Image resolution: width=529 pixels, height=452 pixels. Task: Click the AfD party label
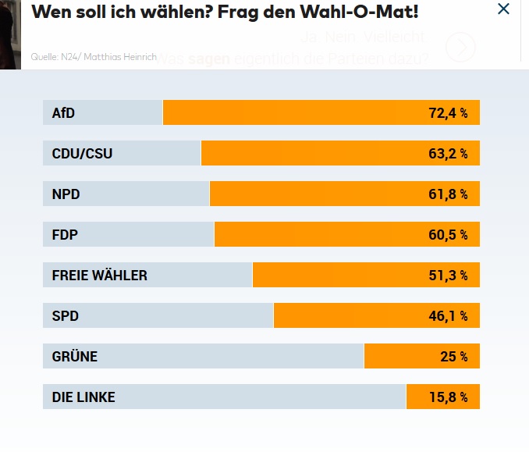63,113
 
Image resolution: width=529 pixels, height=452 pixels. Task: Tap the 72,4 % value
448,113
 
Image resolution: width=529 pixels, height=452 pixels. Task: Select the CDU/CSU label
82,154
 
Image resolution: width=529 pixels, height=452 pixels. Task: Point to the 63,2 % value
448,154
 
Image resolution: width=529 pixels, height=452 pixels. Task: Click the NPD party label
66,194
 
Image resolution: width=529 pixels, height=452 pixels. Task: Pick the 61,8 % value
448,194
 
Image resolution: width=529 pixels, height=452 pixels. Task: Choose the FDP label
65,235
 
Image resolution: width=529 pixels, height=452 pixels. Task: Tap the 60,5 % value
448,235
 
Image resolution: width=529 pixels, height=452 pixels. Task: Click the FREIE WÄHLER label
99,276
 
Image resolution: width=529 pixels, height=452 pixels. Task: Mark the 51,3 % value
448,276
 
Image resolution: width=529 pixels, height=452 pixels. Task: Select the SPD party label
66,316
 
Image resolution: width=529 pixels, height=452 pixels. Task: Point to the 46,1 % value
448,316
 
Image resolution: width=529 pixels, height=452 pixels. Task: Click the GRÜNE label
75,357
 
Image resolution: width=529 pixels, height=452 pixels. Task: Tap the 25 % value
453,357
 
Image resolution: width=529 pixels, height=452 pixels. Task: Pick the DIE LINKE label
83,397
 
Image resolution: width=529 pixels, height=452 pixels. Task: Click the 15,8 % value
448,397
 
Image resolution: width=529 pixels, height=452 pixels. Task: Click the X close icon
503,9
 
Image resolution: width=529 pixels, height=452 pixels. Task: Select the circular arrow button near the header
460,48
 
